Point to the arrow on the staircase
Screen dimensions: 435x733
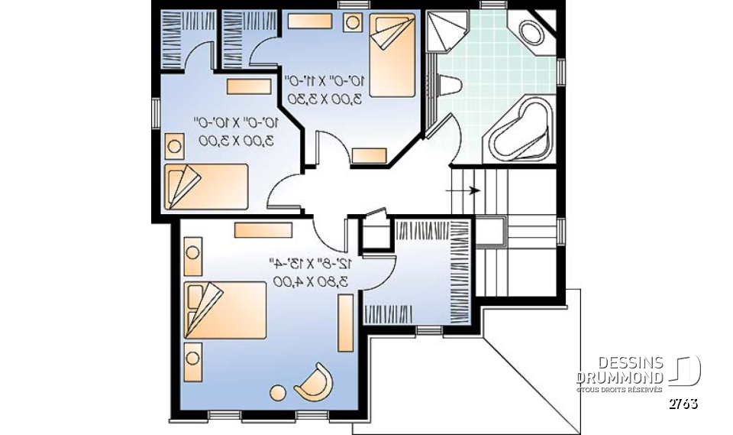pyautogui.click(x=473, y=190)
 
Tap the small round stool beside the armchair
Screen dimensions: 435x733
pyautogui.click(x=275, y=394)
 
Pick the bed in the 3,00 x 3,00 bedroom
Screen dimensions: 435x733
pyautogui.click(x=206, y=185)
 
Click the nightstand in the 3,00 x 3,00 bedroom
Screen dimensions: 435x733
pyautogui.click(x=175, y=144)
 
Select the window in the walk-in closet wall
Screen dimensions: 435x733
pyautogui.click(x=429, y=330)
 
